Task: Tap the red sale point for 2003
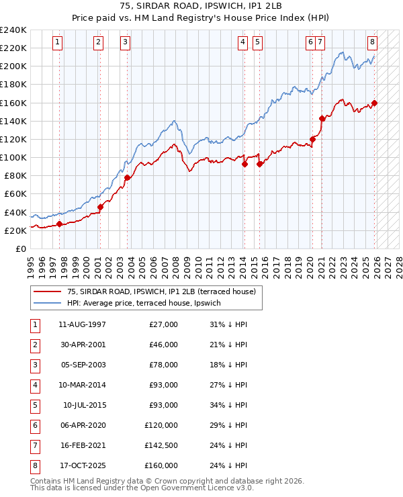pos(127,177)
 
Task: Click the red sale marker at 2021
pos(322,119)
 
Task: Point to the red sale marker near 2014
pos(244,164)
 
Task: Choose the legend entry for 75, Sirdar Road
pos(161,292)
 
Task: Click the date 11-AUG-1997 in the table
pos(83,324)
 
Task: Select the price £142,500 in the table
pos(161,445)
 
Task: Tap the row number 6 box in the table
pos(34,425)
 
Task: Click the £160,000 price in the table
pos(161,465)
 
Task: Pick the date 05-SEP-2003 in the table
pos(83,365)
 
